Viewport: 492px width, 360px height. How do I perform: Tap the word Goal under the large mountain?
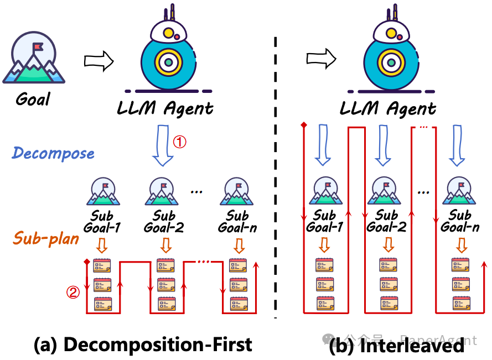(33, 100)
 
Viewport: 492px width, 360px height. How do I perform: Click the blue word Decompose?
(54, 153)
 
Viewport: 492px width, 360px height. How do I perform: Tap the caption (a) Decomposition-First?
(143, 345)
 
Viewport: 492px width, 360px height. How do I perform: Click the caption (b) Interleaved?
(397, 346)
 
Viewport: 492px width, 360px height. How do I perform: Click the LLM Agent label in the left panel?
(165, 108)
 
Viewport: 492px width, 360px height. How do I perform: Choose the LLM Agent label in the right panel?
(388, 108)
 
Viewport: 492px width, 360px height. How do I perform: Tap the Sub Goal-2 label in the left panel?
(164, 221)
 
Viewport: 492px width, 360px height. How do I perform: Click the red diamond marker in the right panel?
(304, 125)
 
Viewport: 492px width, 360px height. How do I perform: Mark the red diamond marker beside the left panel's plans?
(86, 261)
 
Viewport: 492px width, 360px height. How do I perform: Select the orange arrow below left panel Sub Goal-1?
(102, 244)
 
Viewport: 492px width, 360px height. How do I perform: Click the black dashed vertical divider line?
(276, 177)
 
